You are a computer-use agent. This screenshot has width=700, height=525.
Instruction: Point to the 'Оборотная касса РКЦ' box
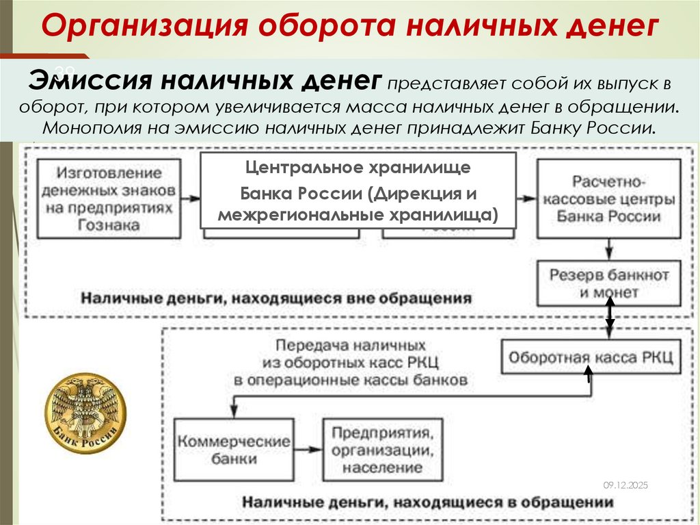click(x=591, y=357)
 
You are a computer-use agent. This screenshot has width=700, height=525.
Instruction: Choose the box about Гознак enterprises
click(x=109, y=197)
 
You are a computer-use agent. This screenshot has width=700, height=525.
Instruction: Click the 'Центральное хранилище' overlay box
click(x=358, y=190)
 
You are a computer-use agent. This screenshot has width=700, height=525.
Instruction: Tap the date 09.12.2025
click(x=625, y=485)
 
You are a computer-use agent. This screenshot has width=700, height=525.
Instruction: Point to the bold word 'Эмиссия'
click(x=90, y=81)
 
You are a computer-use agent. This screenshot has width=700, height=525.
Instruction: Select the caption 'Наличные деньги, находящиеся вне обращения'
click(x=276, y=298)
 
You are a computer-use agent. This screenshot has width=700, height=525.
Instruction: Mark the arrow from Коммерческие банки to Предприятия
click(x=308, y=450)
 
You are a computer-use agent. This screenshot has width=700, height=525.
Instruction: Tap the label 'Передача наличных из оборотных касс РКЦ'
click(x=351, y=361)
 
